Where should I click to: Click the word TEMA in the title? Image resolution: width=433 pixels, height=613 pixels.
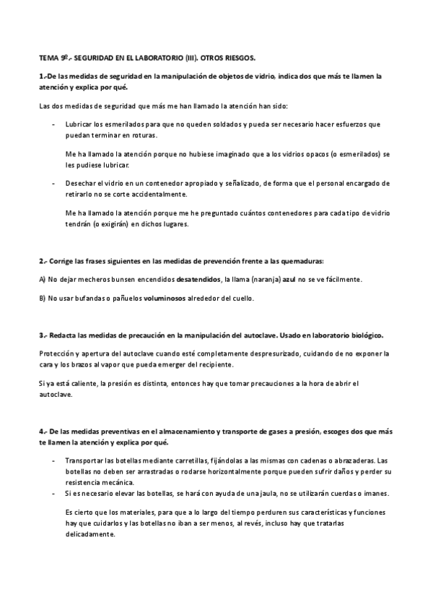tap(48, 56)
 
